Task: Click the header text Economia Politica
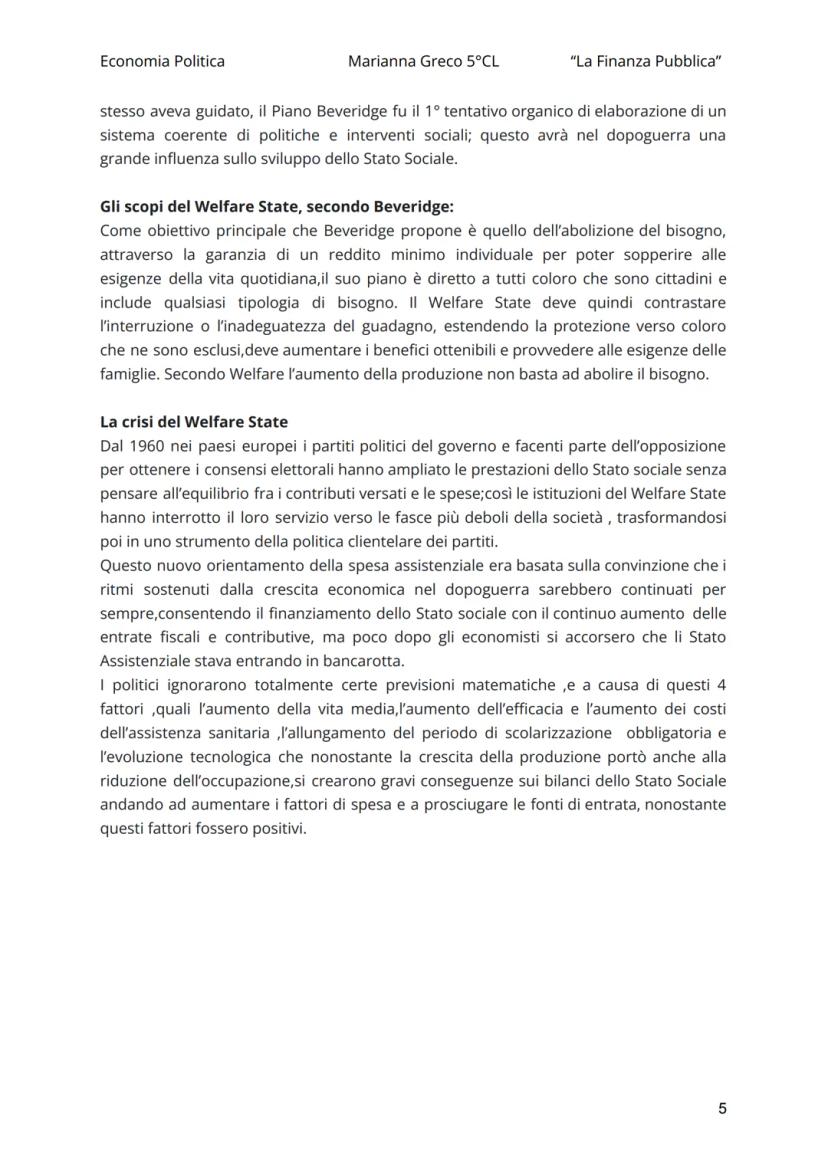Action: [162, 61]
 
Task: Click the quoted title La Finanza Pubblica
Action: [646, 61]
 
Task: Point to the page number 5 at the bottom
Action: [721, 1108]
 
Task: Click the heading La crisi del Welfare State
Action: [194, 422]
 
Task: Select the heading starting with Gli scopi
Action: [277, 207]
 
